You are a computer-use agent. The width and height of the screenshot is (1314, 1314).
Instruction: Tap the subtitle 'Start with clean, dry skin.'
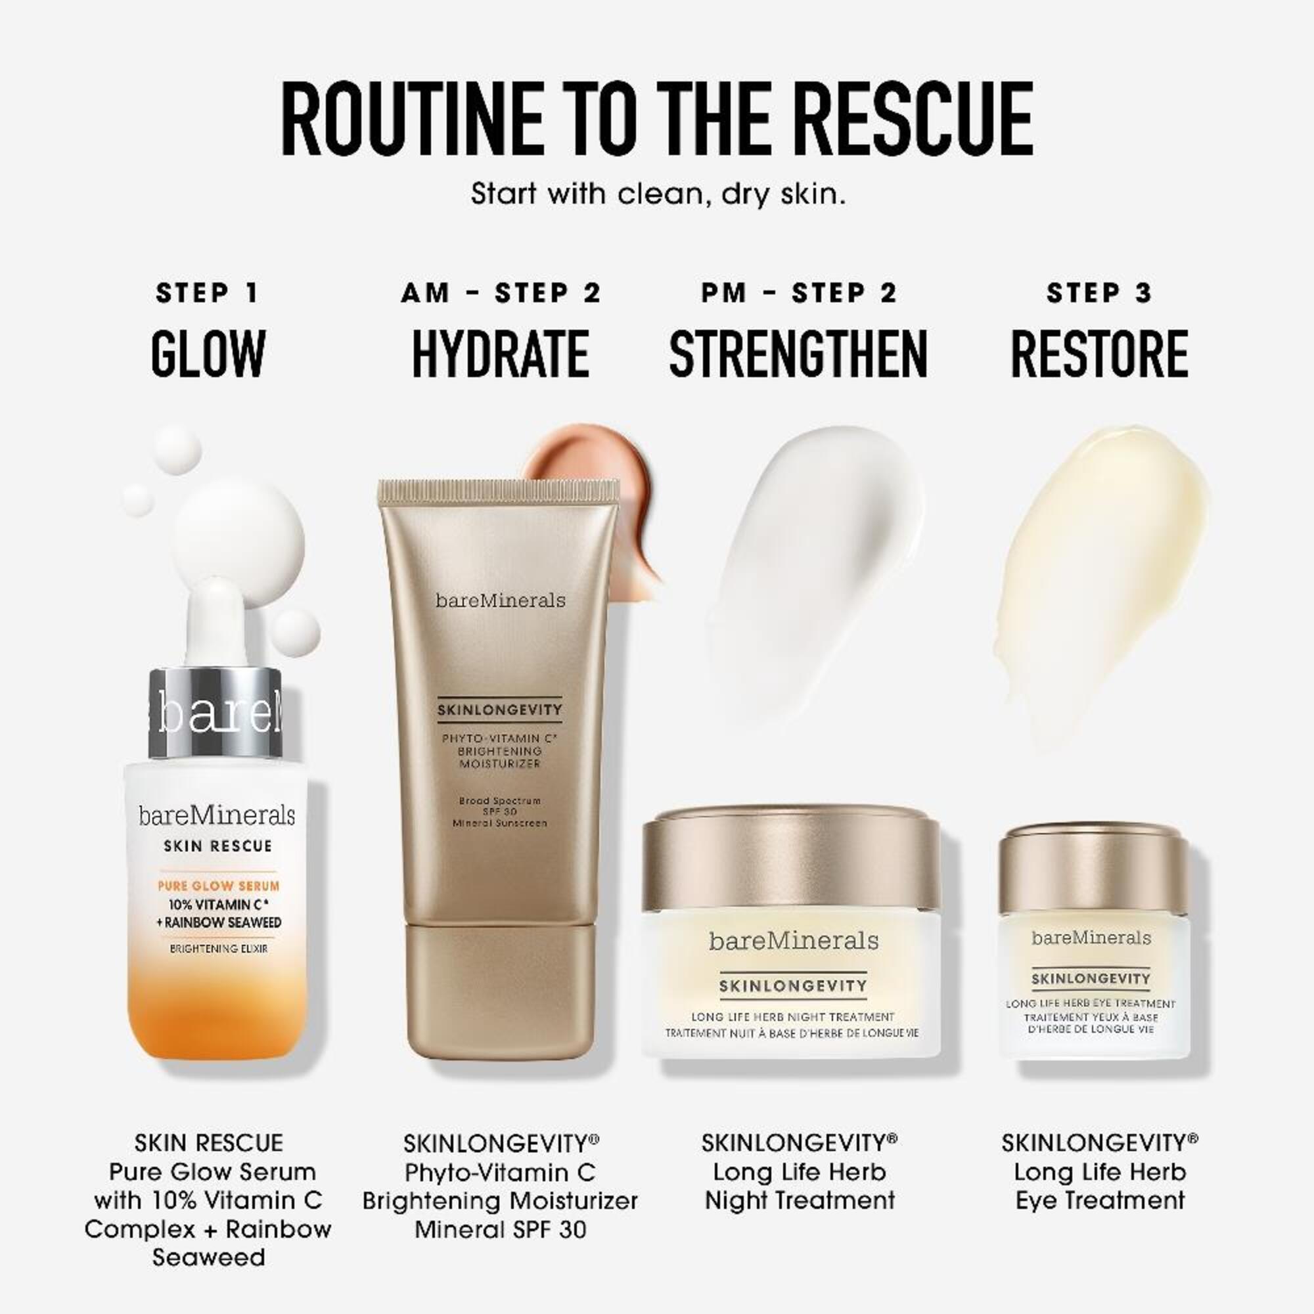click(x=658, y=194)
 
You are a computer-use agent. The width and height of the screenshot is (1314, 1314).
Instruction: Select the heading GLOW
click(x=208, y=353)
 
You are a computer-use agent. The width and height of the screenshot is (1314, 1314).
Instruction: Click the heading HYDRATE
click(x=501, y=353)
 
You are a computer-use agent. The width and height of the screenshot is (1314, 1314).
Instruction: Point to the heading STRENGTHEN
click(x=798, y=353)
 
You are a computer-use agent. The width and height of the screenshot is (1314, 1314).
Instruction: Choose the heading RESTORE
click(x=1100, y=353)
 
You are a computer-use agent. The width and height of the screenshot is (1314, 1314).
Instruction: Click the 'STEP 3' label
click(x=1100, y=293)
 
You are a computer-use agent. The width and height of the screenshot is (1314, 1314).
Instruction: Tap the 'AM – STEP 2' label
click(x=501, y=293)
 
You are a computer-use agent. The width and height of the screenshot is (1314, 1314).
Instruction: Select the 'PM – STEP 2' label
click(x=799, y=293)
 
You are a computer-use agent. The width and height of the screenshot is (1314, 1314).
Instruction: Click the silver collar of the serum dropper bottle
click(x=215, y=713)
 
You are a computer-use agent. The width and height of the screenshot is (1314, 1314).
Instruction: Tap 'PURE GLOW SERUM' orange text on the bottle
click(x=218, y=886)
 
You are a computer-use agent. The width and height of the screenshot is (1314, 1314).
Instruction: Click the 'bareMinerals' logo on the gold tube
click(x=501, y=600)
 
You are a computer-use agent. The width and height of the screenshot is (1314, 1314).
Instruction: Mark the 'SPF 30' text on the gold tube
click(x=500, y=812)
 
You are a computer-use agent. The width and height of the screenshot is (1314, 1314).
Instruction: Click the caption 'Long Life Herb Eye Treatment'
click(x=1100, y=1186)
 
